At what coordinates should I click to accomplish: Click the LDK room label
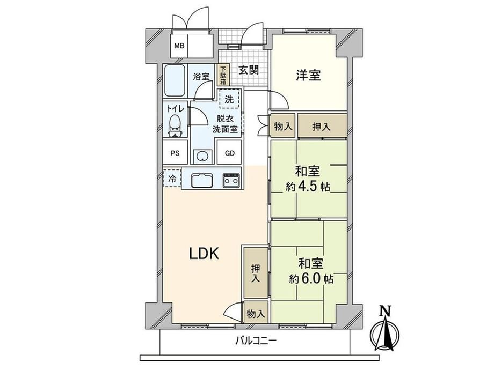204,253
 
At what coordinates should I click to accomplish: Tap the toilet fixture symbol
175,127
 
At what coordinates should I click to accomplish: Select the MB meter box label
179,46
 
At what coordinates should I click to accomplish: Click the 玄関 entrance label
249,70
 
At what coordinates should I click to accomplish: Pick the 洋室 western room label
308,76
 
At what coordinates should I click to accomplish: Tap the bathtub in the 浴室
175,81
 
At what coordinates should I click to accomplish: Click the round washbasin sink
201,156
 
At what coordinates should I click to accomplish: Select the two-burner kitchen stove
231,180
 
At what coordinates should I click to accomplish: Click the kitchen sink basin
202,180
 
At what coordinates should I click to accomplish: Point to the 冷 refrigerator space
172,178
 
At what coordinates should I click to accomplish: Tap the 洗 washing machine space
229,99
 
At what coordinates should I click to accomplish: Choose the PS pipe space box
175,152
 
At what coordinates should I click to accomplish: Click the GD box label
230,153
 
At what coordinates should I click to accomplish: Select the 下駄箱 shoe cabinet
223,75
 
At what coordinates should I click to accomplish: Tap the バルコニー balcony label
256,341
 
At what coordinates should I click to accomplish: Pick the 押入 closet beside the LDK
256,273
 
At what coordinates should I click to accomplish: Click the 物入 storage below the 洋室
283,127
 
